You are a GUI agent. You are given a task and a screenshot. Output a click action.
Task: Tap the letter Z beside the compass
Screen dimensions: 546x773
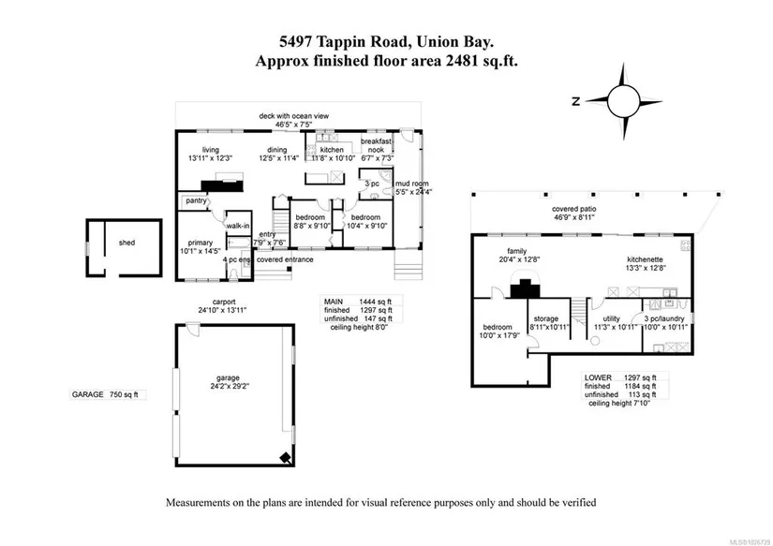579,100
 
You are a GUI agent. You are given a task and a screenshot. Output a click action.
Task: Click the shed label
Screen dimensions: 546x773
126,243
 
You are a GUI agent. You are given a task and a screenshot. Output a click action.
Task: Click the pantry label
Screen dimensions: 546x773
196,200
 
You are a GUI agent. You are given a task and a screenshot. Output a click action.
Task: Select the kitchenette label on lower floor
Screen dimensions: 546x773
646,263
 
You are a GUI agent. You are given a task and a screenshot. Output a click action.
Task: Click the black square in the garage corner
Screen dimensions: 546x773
285,457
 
